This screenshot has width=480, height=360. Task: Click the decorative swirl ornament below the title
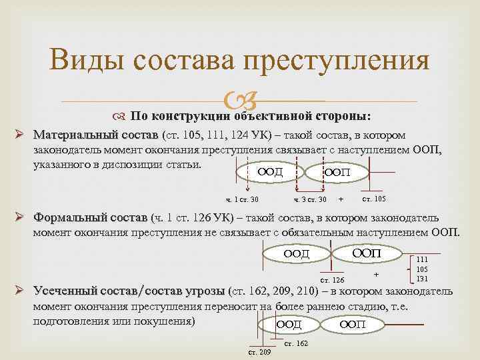(239, 101)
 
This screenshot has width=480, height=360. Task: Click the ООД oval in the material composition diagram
(269, 173)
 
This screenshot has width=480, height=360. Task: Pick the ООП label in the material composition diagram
(336, 173)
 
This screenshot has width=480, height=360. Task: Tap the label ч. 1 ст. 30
(242, 199)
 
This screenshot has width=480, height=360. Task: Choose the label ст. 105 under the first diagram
(373, 199)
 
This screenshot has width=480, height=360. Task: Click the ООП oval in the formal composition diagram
(366, 253)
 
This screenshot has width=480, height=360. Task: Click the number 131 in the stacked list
(422, 279)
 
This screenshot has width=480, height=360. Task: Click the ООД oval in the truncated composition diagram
(289, 325)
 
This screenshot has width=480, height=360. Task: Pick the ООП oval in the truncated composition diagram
(352, 325)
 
